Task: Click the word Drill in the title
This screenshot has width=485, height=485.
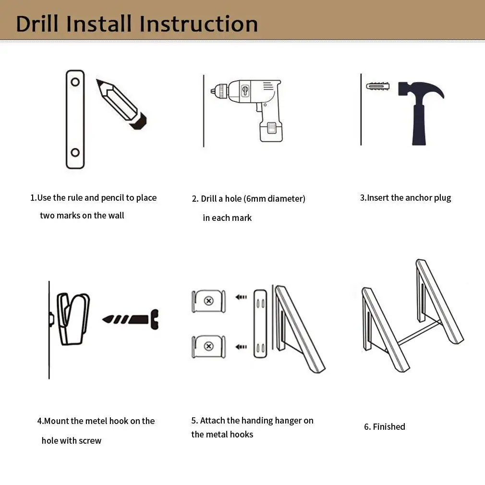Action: click(37, 24)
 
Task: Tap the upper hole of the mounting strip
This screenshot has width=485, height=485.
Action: click(75, 82)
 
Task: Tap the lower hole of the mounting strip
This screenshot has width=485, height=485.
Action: click(75, 153)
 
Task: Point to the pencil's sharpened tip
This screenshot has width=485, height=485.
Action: click(98, 81)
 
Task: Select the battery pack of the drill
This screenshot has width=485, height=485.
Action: click(271, 131)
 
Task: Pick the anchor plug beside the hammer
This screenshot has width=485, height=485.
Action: click(377, 86)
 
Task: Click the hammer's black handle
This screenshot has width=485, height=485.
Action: click(419, 124)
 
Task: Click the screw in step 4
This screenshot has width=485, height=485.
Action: click(131, 319)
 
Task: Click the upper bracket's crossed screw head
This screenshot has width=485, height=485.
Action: click(209, 301)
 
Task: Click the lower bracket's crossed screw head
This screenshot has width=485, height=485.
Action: click(209, 346)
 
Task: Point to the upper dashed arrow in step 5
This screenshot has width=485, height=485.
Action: click(241, 297)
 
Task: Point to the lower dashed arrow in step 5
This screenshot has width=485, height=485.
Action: click(241, 347)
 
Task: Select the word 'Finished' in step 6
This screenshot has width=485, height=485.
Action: click(389, 427)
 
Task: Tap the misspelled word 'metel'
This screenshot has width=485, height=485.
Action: click(96, 421)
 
